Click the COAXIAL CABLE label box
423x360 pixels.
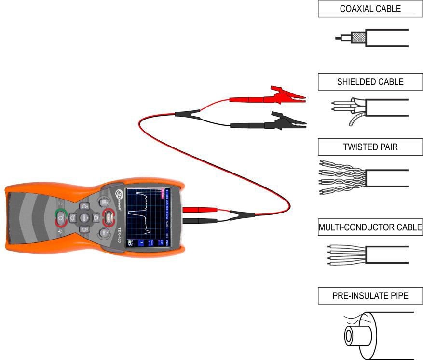pyautogui.click(x=370, y=9)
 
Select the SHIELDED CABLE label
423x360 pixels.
pyautogui.click(x=370, y=82)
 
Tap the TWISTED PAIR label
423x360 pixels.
pyautogui.click(x=370, y=147)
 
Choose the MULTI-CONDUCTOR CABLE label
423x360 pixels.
pyautogui.click(x=370, y=228)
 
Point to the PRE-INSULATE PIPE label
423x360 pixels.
pyautogui.click(x=370, y=296)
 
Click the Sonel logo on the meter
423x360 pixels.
pyautogui.click(x=122, y=197)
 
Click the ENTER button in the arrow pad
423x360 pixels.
pyautogui.click(x=83, y=218)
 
